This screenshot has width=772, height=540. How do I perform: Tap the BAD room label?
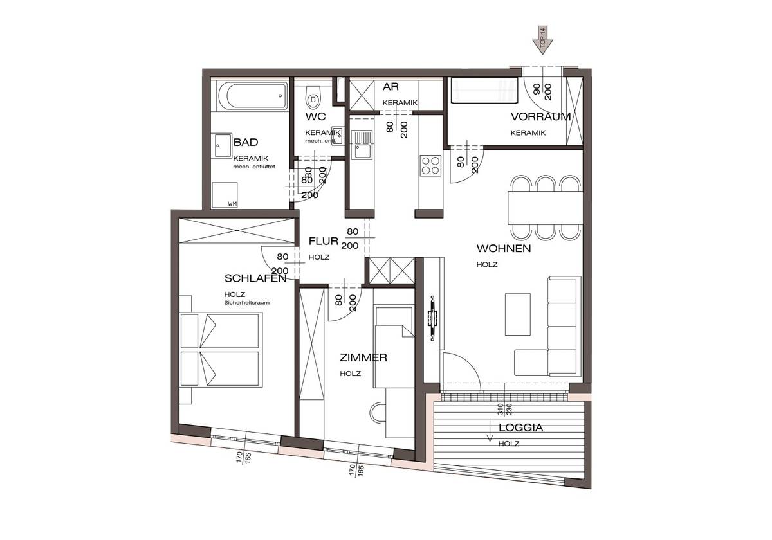coord(246,142)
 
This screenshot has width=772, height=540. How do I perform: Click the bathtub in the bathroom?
coord(249,95)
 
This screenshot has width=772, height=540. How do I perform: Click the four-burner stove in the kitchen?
coord(430,165)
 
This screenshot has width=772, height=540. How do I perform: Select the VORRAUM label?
coord(540,116)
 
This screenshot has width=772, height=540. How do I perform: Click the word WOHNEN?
coord(503,248)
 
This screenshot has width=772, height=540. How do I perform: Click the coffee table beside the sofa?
coord(519,313)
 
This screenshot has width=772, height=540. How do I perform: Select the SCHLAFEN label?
coord(255,278)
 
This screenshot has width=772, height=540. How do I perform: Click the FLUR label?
coord(324,242)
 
